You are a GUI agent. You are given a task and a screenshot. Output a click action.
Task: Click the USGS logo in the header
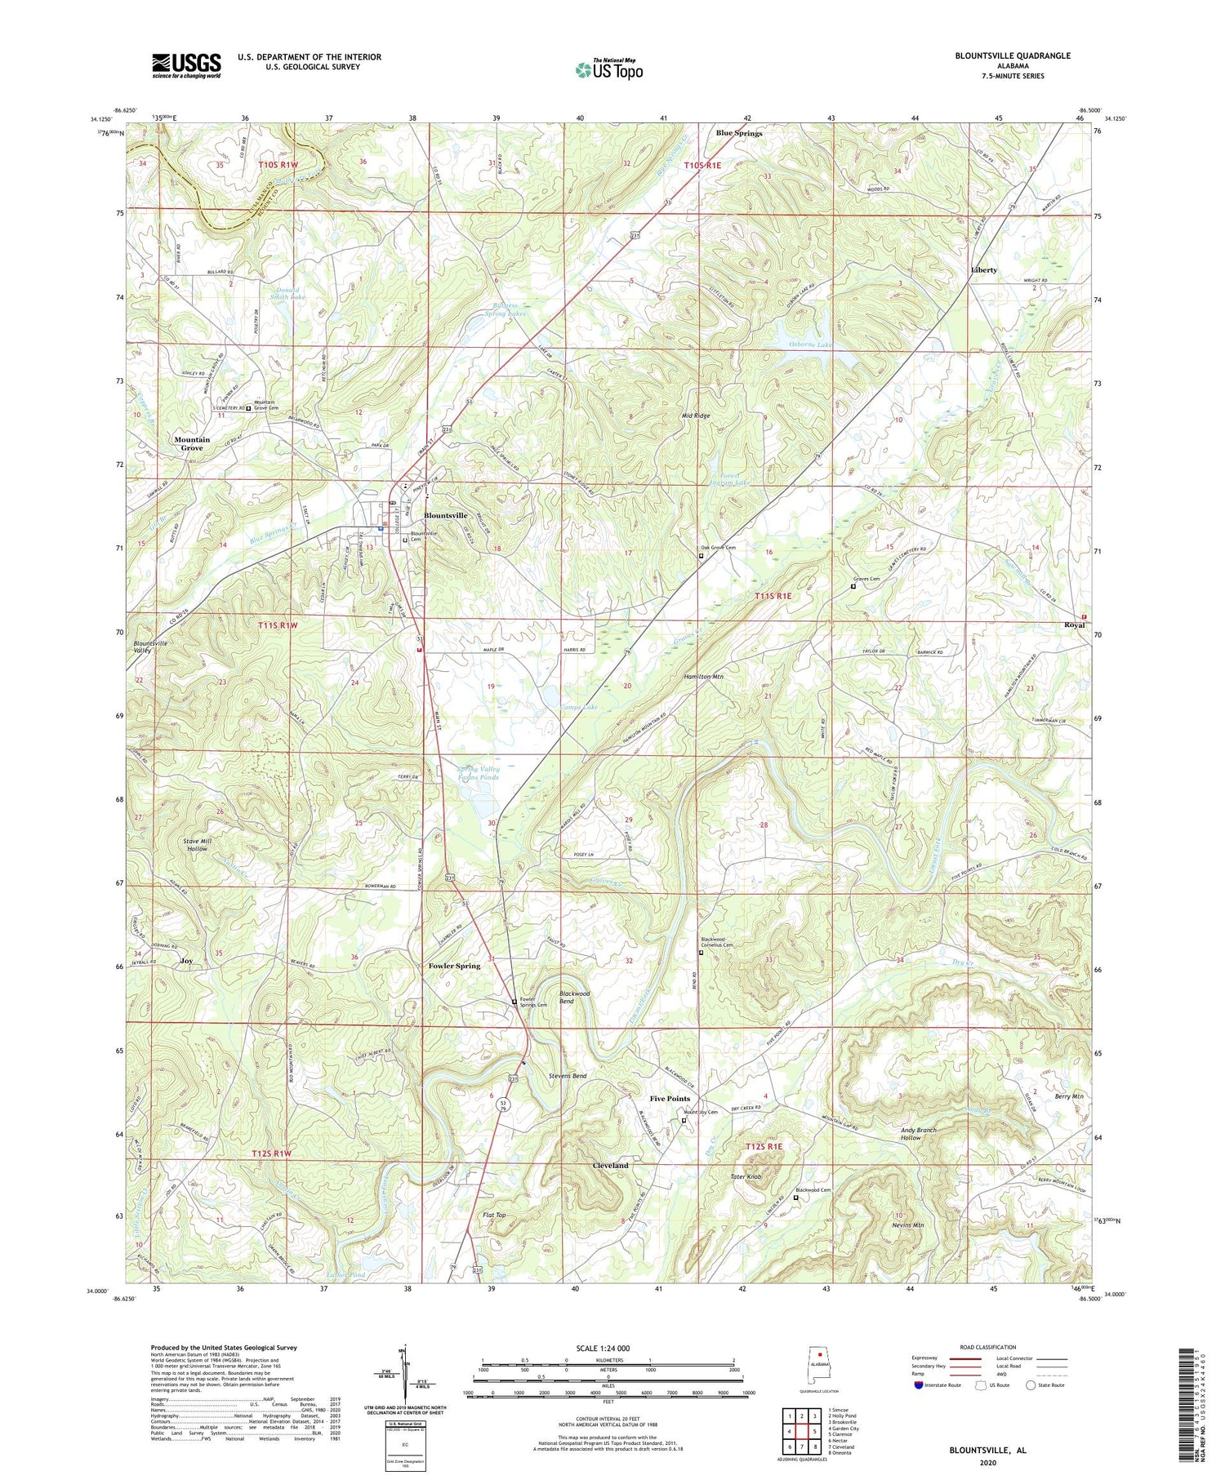[x=186, y=65]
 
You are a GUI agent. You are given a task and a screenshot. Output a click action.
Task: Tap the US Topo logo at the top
[x=609, y=69]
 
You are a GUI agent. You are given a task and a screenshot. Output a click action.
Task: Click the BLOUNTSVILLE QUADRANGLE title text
[x=1000, y=56]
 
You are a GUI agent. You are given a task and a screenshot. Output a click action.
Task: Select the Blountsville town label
[x=445, y=515]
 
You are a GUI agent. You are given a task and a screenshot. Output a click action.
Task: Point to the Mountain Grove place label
[x=192, y=443]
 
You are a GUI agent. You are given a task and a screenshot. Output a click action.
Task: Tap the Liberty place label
[x=983, y=269]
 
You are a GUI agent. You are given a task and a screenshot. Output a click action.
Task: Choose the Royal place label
[x=1074, y=624]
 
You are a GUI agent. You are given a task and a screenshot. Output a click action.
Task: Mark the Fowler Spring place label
[x=454, y=966]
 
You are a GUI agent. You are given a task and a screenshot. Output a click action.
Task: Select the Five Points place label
[x=670, y=1098]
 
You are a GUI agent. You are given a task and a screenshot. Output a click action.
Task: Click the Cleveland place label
[x=610, y=1165]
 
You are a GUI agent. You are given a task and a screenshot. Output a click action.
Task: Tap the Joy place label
[x=186, y=961]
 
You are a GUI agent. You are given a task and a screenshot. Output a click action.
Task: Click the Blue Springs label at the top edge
[x=738, y=133]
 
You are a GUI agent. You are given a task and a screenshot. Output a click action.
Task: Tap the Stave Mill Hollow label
[x=197, y=844]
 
